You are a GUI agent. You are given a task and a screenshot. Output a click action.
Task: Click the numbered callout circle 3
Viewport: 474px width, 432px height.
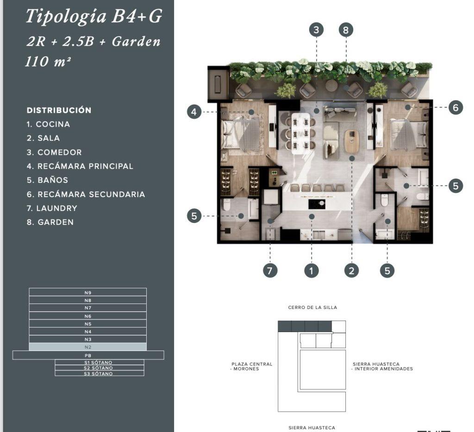[316, 30]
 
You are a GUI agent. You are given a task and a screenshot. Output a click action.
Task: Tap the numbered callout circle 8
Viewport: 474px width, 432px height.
[346, 30]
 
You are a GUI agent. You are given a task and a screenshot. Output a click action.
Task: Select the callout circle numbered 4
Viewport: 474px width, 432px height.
[194, 112]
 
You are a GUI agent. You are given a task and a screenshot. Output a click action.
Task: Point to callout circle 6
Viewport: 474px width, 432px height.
[455, 107]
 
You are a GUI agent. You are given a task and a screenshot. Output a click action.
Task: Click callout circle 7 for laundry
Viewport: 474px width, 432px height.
[270, 271]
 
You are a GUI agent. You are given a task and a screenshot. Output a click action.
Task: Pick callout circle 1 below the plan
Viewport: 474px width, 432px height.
[312, 271]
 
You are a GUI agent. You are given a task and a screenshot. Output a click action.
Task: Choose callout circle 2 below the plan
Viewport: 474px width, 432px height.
[352, 271]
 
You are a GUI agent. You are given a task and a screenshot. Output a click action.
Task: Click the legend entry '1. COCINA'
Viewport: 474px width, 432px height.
[48, 124]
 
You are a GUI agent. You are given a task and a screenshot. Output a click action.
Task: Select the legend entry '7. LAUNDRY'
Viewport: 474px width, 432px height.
[52, 208]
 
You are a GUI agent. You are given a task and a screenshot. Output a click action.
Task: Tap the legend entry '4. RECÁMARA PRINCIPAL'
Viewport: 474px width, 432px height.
[80, 166]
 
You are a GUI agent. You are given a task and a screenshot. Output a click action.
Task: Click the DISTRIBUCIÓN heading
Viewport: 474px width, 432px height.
[59, 110]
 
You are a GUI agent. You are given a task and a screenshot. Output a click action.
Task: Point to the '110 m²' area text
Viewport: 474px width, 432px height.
[48, 62]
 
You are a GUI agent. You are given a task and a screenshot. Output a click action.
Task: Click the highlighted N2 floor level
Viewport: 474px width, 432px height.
[87, 347]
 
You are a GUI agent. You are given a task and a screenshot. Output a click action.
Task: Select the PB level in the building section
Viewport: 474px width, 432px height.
[88, 355]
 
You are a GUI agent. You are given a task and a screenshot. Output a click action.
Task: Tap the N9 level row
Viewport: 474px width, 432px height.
[87, 292]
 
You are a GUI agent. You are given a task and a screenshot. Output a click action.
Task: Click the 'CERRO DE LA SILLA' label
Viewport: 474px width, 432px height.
[312, 308]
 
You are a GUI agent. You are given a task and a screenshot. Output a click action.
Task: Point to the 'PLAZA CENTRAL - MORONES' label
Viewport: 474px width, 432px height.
[252, 366]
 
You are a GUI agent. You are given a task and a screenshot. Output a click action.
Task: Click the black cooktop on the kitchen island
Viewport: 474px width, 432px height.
[317, 204]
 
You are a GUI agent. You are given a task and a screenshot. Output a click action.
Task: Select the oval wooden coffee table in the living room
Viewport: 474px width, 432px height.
[352, 141]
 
